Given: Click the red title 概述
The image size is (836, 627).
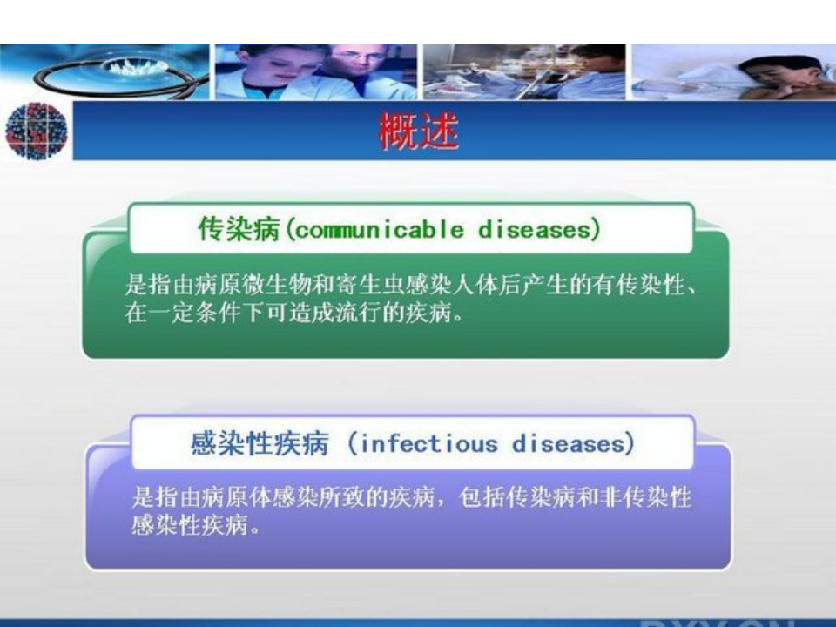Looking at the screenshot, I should (x=418, y=132).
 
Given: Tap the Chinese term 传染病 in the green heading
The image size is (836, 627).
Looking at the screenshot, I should (x=239, y=230).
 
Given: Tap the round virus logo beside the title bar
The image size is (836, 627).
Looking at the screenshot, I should (x=36, y=131).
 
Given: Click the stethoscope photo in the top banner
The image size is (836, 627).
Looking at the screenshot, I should (x=104, y=71).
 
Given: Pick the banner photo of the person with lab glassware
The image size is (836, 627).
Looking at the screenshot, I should (x=523, y=71).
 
